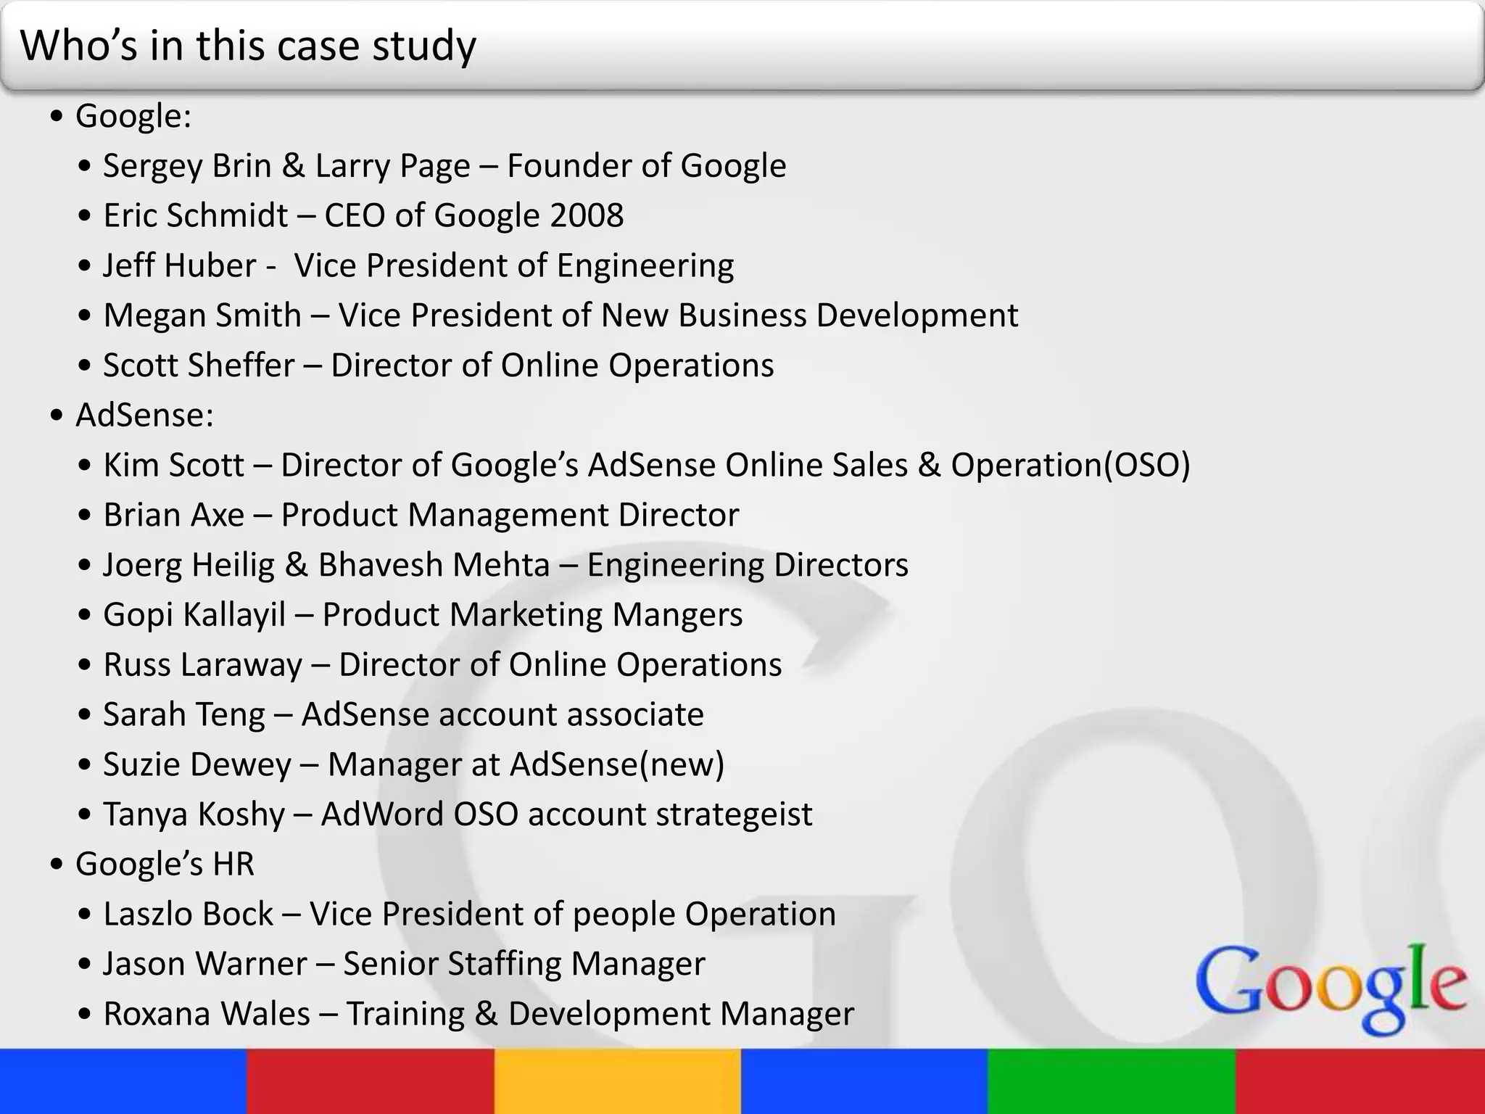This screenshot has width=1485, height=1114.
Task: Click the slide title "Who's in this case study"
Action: click(x=248, y=46)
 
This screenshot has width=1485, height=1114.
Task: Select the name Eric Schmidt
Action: click(x=195, y=215)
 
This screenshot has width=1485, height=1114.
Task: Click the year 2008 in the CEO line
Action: click(x=587, y=215)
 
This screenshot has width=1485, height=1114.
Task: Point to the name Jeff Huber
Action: click(x=179, y=265)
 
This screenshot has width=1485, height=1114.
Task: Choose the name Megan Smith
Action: click(x=202, y=315)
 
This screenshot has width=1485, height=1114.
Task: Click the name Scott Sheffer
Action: click(x=199, y=365)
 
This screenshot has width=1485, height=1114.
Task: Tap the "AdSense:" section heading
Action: click(x=144, y=415)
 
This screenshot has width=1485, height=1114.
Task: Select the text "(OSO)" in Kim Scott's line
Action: click(x=1146, y=465)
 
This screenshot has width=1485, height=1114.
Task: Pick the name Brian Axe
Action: click(x=173, y=515)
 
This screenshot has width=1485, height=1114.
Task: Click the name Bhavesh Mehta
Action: click(x=434, y=565)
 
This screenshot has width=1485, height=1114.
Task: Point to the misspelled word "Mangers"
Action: click(x=677, y=615)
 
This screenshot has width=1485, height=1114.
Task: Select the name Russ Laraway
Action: click(x=202, y=664)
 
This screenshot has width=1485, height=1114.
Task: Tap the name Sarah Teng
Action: click(x=183, y=714)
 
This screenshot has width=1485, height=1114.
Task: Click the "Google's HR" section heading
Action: click(x=165, y=864)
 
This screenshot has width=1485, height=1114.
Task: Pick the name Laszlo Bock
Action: click(x=188, y=914)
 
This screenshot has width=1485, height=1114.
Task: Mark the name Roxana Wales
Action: click(x=207, y=1014)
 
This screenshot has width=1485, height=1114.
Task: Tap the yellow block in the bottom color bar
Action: click(x=618, y=1081)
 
